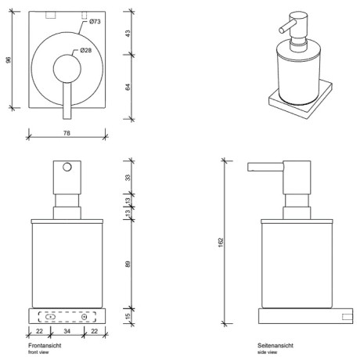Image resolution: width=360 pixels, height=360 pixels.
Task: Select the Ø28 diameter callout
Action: click(x=88, y=51)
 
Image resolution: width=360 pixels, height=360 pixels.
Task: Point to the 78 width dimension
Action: click(x=66, y=134)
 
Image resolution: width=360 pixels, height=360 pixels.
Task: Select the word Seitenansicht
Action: click(x=275, y=345)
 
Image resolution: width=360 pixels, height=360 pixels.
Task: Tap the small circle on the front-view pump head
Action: click(x=67, y=168)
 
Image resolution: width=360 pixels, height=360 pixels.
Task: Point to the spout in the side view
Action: click(x=259, y=167)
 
